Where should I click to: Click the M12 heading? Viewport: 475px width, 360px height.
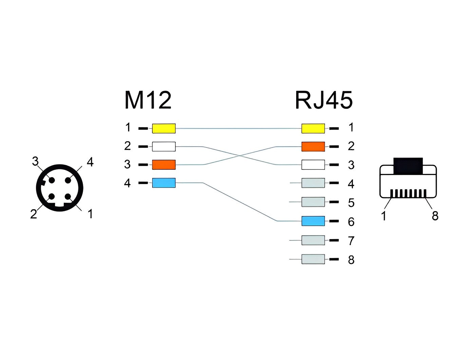[148, 100]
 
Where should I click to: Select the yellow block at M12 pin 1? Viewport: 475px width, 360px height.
[164, 128]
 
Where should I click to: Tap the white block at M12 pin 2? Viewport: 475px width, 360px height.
[164, 146]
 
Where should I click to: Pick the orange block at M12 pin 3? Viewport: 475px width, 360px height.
[164, 165]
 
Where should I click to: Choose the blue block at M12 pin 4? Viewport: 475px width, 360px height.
[164, 183]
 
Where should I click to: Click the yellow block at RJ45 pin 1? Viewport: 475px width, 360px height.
[313, 128]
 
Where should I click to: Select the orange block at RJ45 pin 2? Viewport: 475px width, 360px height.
[313, 146]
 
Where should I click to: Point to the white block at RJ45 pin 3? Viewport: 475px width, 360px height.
[313, 165]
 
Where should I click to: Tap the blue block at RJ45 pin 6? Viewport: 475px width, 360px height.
[313, 221]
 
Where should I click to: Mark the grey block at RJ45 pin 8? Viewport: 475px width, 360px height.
[313, 259]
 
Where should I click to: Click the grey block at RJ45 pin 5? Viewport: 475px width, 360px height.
[313, 202]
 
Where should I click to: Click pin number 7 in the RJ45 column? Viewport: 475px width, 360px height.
[351, 240]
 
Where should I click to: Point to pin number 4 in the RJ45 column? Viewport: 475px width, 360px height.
[351, 184]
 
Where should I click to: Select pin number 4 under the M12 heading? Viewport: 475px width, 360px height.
[127, 183]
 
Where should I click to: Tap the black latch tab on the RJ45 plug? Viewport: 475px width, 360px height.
[408, 166]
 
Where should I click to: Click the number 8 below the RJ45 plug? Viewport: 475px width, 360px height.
[435, 216]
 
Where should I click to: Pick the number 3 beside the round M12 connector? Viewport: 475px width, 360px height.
[35, 161]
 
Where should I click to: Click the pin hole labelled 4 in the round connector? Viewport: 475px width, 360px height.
[68, 180]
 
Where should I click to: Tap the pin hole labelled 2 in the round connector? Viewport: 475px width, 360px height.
[52, 197]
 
